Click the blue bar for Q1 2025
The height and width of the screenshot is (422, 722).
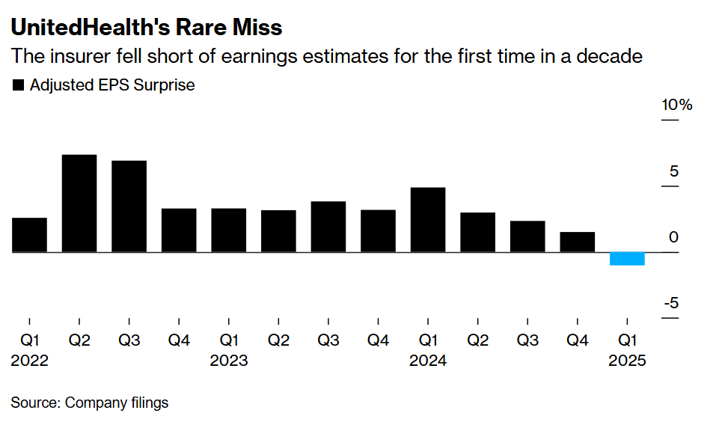[x=627, y=259]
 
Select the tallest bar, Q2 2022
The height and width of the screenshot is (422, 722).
[x=79, y=204]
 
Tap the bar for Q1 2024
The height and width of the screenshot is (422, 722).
[x=428, y=220]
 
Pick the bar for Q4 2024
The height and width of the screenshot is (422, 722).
[x=578, y=242]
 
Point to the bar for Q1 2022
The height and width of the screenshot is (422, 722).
[x=29, y=235]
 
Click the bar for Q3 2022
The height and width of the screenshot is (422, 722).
[x=129, y=207]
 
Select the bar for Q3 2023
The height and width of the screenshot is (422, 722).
[x=328, y=227]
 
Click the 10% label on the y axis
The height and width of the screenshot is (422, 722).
[x=676, y=105]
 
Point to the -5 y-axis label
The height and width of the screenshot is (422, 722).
[x=670, y=303]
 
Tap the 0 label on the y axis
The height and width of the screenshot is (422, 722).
[x=673, y=237]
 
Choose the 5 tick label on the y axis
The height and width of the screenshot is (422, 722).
[x=673, y=171]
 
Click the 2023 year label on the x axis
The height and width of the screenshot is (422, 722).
[x=229, y=361]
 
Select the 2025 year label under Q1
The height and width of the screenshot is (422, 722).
[x=627, y=361]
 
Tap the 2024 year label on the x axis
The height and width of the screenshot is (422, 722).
[x=428, y=361]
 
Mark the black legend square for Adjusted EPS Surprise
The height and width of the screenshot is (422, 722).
[x=19, y=85]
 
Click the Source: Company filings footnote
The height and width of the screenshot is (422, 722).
[x=90, y=403]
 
